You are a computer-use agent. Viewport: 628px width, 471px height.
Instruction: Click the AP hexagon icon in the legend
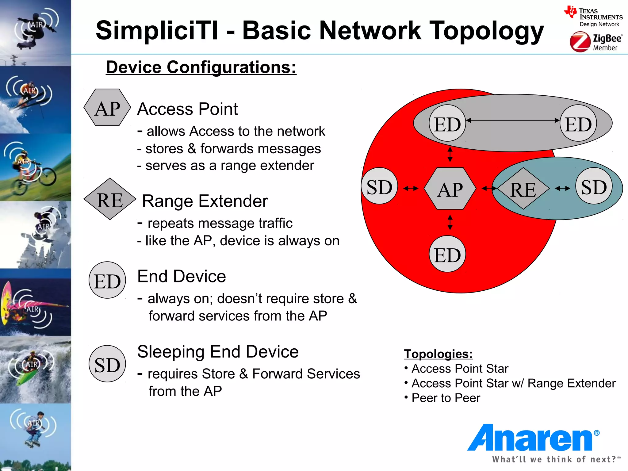(107, 108)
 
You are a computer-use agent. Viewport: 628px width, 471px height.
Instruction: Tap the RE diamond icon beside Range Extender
(110, 199)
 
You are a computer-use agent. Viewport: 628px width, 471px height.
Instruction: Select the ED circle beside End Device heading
(107, 280)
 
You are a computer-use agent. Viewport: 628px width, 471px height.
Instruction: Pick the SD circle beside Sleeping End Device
(107, 364)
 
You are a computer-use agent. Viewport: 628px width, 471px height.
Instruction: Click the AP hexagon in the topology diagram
(450, 189)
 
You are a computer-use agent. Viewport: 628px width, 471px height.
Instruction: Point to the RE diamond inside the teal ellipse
(523, 189)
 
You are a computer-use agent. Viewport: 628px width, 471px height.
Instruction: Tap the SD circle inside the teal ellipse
(594, 186)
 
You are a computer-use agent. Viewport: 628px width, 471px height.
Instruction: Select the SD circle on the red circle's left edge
(380, 186)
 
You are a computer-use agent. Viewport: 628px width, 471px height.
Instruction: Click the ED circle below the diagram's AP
(447, 254)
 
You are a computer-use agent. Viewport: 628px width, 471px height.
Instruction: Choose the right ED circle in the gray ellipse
(578, 123)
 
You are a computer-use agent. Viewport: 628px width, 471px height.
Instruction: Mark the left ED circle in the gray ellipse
(447, 123)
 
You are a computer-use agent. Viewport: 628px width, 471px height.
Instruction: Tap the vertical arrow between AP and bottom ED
(450, 222)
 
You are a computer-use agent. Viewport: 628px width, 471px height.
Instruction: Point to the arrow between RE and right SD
(562, 188)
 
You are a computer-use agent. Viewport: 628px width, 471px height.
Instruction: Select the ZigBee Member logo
(595, 42)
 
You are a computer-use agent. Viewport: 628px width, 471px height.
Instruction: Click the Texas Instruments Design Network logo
(594, 17)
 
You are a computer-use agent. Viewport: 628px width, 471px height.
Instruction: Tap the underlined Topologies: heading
(438, 354)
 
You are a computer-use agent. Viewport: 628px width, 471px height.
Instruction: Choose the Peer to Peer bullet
(446, 398)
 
